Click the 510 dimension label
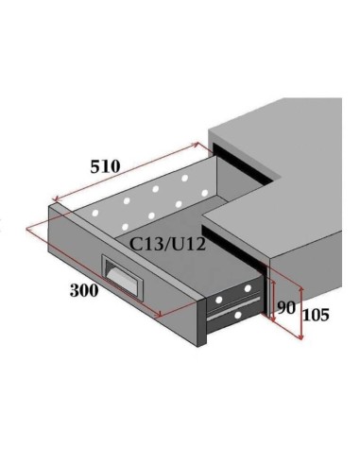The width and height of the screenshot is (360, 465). (x=105, y=166)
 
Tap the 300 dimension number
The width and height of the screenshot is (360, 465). (x=84, y=290)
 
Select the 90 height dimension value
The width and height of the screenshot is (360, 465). (x=286, y=307)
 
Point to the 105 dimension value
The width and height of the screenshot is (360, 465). (x=316, y=315)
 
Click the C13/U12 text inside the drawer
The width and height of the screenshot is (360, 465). (x=168, y=244)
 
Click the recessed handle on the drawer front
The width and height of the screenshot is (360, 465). (x=123, y=276)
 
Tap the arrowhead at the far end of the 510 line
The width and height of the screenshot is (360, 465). (x=197, y=145)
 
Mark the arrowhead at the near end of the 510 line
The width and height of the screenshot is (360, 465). (x=56, y=198)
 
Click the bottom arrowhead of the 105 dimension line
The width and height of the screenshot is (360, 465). (x=301, y=337)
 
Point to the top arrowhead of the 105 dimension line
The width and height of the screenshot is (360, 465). (x=301, y=290)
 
